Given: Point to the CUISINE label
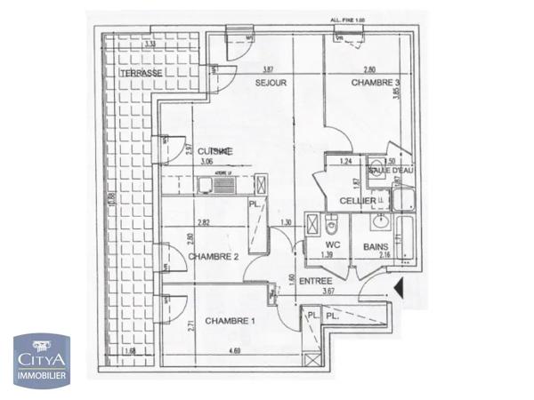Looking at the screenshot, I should [215, 151].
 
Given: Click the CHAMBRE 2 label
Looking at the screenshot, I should [213, 257].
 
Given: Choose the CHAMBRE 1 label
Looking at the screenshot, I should [230, 320].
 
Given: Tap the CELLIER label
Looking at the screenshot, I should [356, 202].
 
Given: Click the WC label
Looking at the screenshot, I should [335, 243].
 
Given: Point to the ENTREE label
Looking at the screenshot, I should [315, 281].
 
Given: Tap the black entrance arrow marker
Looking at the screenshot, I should [400, 288].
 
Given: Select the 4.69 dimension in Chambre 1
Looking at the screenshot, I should [235, 352].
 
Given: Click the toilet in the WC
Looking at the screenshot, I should [332, 223].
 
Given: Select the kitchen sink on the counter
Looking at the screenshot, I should [206, 185].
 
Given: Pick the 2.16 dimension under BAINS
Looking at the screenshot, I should [384, 256].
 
